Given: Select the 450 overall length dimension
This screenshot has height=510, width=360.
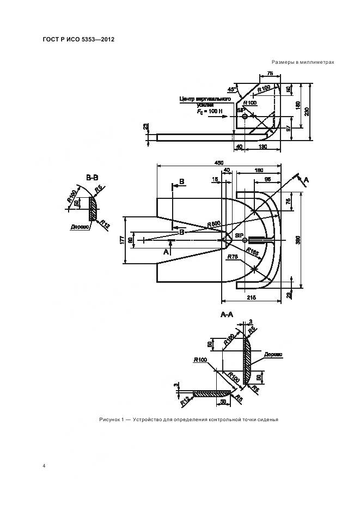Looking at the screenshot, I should tap(219, 163).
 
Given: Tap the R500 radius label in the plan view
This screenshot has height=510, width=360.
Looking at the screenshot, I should tap(213, 224).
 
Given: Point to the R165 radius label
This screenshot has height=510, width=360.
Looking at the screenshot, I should tap(252, 251).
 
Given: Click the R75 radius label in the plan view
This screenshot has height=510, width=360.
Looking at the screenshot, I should tap(233, 256).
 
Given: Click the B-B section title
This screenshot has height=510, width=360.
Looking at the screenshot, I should tap(92, 177).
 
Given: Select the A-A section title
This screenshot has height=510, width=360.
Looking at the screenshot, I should tap(227, 315).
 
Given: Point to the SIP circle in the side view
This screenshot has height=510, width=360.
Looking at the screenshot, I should tap(245, 116).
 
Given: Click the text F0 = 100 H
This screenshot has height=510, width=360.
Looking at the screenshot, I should tap(210, 111).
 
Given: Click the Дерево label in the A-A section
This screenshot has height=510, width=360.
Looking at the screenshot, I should tap(273, 354).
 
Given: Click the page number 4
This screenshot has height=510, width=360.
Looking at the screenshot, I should tap(44, 466).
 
